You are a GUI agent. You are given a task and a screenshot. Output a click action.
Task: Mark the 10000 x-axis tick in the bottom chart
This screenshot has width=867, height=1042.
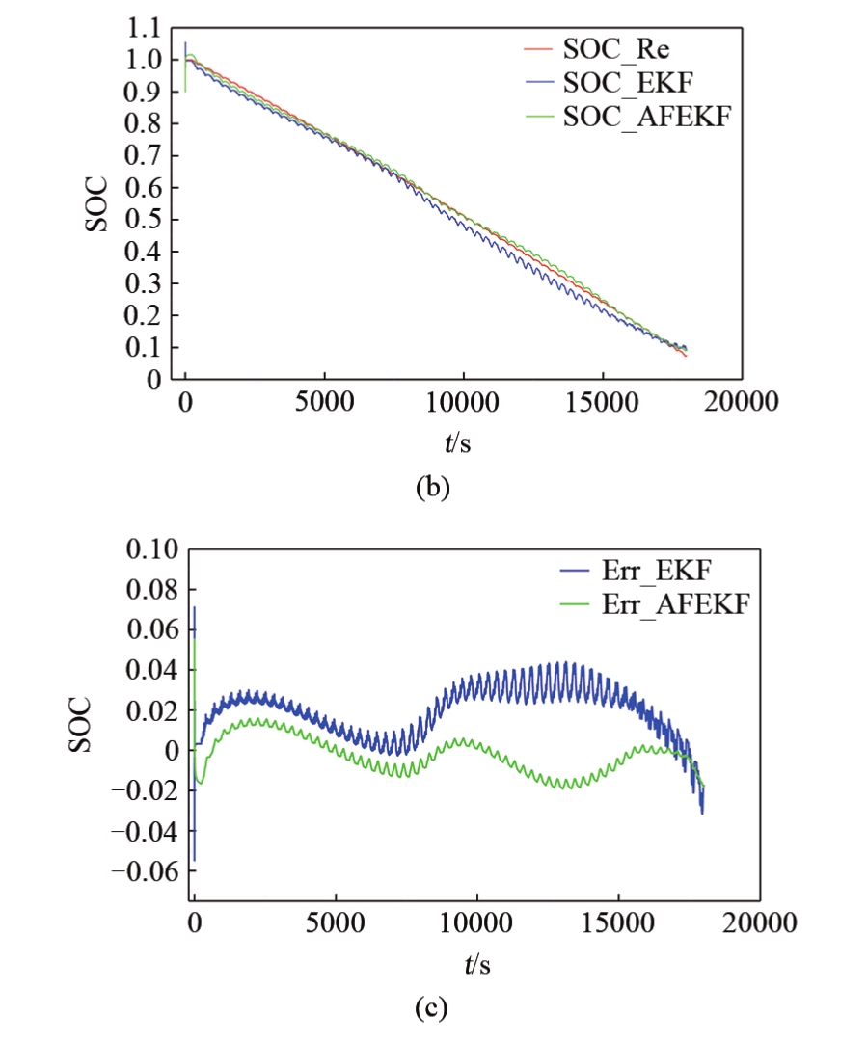coord(476,922)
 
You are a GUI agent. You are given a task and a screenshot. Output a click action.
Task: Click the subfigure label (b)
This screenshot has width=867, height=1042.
coord(432,488)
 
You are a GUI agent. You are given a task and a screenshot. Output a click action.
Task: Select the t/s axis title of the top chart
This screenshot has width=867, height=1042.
coord(452,444)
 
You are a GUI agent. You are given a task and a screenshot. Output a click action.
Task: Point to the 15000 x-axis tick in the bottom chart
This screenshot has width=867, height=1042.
coord(617,922)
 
